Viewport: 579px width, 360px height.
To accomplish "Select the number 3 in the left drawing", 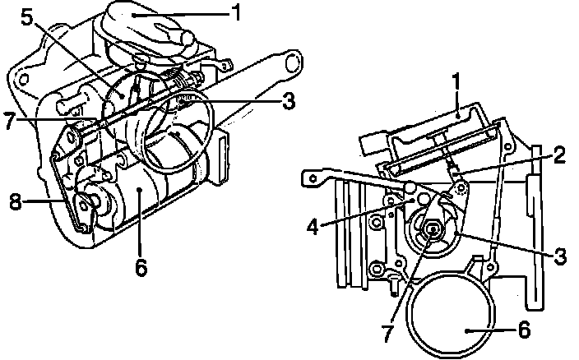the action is coord(288,103).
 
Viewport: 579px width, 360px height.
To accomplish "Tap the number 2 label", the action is coord(559,155).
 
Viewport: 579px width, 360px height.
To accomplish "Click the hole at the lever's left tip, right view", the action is coord(311,175).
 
